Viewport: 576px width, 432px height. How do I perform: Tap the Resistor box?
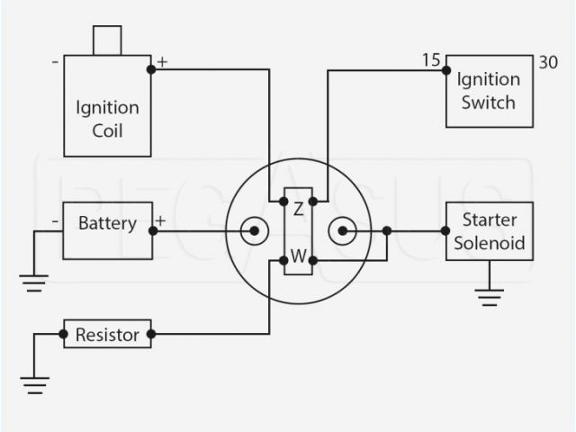click(x=107, y=335)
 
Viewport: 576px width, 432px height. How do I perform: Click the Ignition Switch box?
click(x=489, y=91)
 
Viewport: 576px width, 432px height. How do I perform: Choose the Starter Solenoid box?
click(x=489, y=231)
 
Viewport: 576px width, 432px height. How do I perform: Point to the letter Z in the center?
click(x=298, y=209)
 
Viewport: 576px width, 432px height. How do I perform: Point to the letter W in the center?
click(x=298, y=254)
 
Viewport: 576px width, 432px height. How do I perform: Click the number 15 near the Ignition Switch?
click(x=430, y=61)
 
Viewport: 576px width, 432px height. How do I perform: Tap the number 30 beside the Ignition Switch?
click(x=547, y=62)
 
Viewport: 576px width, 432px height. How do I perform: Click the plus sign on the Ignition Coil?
click(x=162, y=62)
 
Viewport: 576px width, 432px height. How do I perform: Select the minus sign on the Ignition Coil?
click(x=56, y=62)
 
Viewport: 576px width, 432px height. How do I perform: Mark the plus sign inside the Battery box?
click(x=160, y=220)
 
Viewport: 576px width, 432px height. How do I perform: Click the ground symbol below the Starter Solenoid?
click(x=489, y=297)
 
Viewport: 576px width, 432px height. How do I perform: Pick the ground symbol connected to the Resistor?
click(x=34, y=387)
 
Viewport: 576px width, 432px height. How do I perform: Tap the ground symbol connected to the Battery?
click(x=34, y=284)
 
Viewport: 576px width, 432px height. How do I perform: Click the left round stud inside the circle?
click(x=254, y=231)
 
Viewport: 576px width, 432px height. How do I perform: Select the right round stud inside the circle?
click(x=343, y=231)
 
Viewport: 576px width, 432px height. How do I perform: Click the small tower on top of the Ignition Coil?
click(x=107, y=40)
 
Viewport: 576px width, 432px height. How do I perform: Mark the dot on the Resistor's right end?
click(x=150, y=335)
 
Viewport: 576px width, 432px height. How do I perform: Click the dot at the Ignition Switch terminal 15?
click(x=446, y=69)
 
